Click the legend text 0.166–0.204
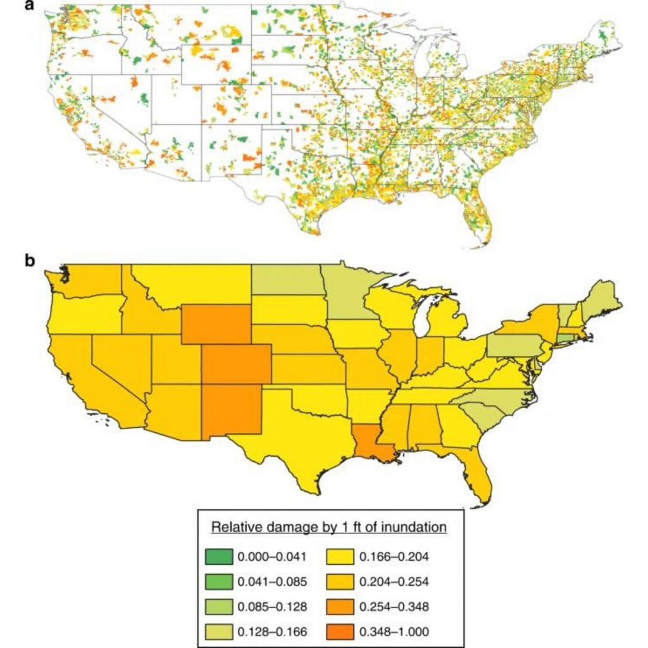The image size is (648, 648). point(395,557)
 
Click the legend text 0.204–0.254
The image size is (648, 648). point(395,582)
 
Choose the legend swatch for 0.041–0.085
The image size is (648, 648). point(219,582)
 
